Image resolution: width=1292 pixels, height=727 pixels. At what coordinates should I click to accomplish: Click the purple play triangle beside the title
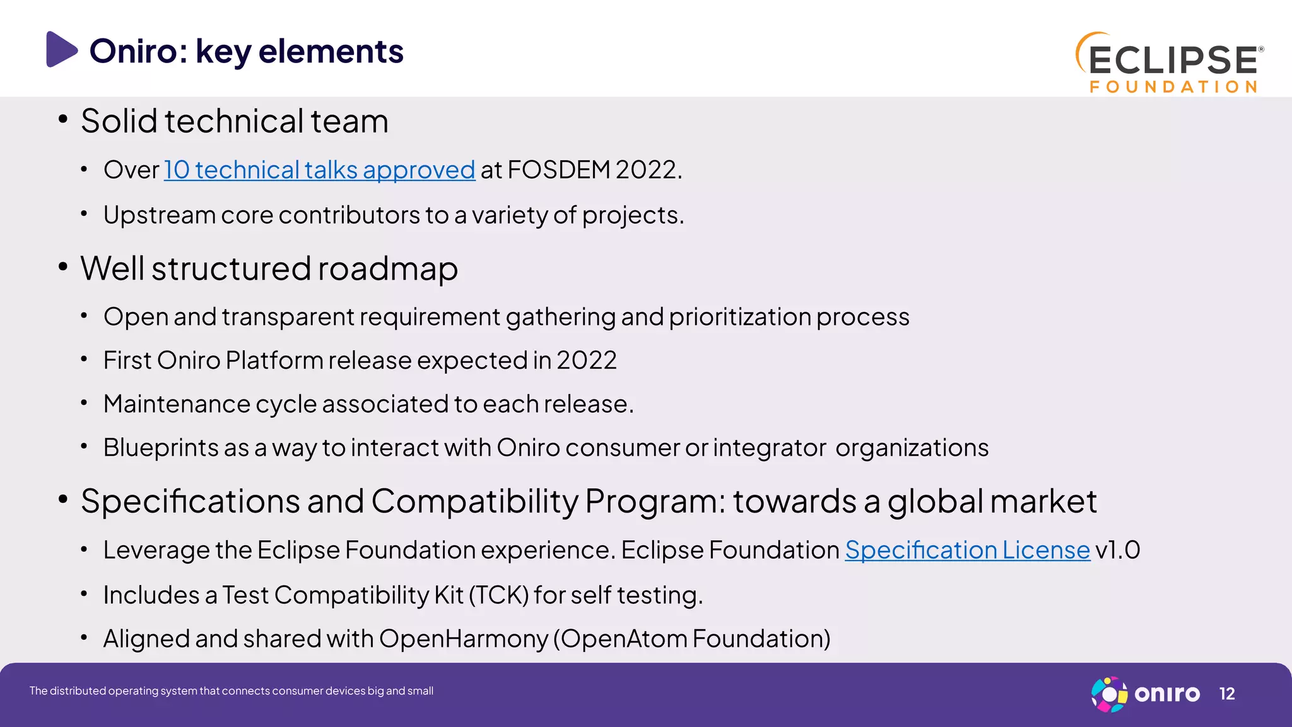coord(61,49)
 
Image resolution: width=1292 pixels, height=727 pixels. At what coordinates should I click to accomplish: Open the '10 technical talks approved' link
coord(319,170)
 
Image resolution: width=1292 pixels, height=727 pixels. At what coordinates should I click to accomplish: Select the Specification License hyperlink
coord(967,550)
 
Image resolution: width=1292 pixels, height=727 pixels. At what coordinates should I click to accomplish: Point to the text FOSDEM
coord(558,170)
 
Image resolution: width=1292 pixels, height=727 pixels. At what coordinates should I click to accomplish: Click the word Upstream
coord(160,215)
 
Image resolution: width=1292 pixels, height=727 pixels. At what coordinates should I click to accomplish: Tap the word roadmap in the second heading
coord(387,268)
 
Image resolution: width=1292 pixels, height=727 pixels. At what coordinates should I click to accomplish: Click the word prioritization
coord(739,317)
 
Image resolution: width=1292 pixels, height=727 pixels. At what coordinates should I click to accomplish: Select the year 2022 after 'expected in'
coord(586,360)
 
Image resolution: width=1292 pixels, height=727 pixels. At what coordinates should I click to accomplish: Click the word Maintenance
coord(177,404)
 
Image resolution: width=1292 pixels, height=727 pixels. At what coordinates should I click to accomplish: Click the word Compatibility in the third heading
coord(474,501)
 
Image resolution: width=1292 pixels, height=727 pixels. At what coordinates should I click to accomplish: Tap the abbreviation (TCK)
coord(499,595)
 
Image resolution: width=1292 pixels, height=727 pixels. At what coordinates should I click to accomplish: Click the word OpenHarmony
coord(464,639)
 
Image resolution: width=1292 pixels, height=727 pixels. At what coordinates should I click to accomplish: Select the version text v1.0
coord(1118,550)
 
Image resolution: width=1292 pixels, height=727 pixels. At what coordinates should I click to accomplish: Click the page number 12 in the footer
coord(1226,694)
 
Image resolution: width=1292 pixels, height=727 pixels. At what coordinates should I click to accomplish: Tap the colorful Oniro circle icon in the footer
coord(1109,694)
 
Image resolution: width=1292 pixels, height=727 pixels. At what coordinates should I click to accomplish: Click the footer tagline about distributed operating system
coord(231,691)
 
